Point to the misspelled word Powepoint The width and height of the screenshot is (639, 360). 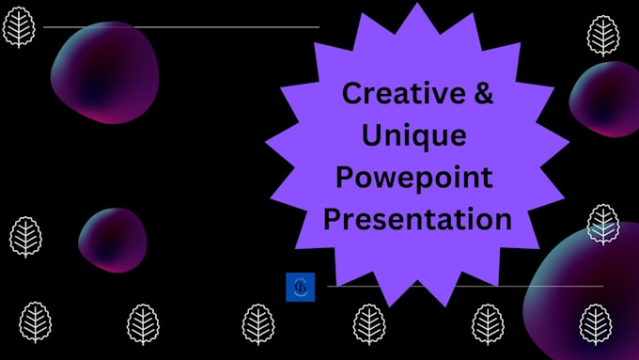click(415, 179)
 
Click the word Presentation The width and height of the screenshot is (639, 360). click(417, 220)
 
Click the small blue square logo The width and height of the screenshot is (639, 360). click(300, 287)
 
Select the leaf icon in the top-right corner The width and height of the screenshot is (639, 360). click(602, 35)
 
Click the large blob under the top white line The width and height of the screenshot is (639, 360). click(104, 72)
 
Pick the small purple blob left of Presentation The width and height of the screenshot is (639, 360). click(113, 240)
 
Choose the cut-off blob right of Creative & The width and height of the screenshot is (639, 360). click(606, 99)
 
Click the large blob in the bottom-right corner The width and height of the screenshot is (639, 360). click(587, 296)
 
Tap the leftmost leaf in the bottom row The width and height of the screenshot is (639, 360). click(36, 322)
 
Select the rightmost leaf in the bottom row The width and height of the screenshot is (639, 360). click(595, 323)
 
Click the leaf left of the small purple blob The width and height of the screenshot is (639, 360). click(25, 237)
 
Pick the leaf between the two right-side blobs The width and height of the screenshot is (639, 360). click(602, 223)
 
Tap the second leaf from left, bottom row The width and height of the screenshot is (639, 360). click(143, 323)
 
